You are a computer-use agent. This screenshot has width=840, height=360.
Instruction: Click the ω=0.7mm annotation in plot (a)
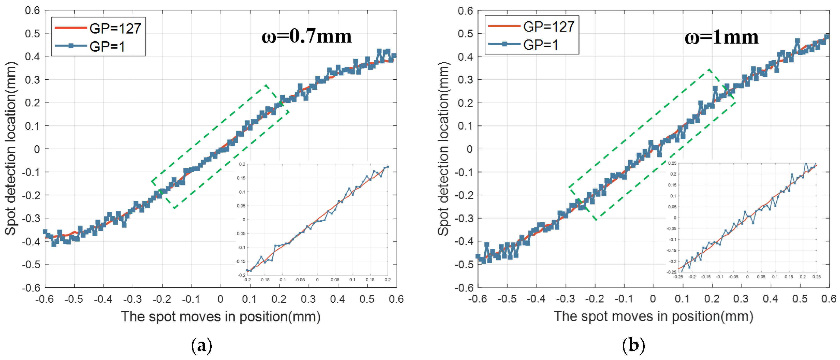306,36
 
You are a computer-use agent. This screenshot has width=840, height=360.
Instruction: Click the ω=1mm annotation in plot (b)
721,37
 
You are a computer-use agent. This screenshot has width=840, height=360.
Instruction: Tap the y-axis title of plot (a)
10,148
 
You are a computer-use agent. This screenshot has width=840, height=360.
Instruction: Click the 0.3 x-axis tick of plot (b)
741,299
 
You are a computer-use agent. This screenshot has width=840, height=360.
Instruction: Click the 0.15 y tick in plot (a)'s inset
241,178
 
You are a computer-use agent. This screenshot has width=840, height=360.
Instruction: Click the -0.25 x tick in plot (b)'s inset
678,277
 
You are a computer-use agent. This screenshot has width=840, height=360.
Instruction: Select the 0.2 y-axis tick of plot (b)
465,103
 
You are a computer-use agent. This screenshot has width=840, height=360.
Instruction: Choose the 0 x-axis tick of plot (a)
220,299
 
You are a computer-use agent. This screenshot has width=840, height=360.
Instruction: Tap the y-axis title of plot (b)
443,148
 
